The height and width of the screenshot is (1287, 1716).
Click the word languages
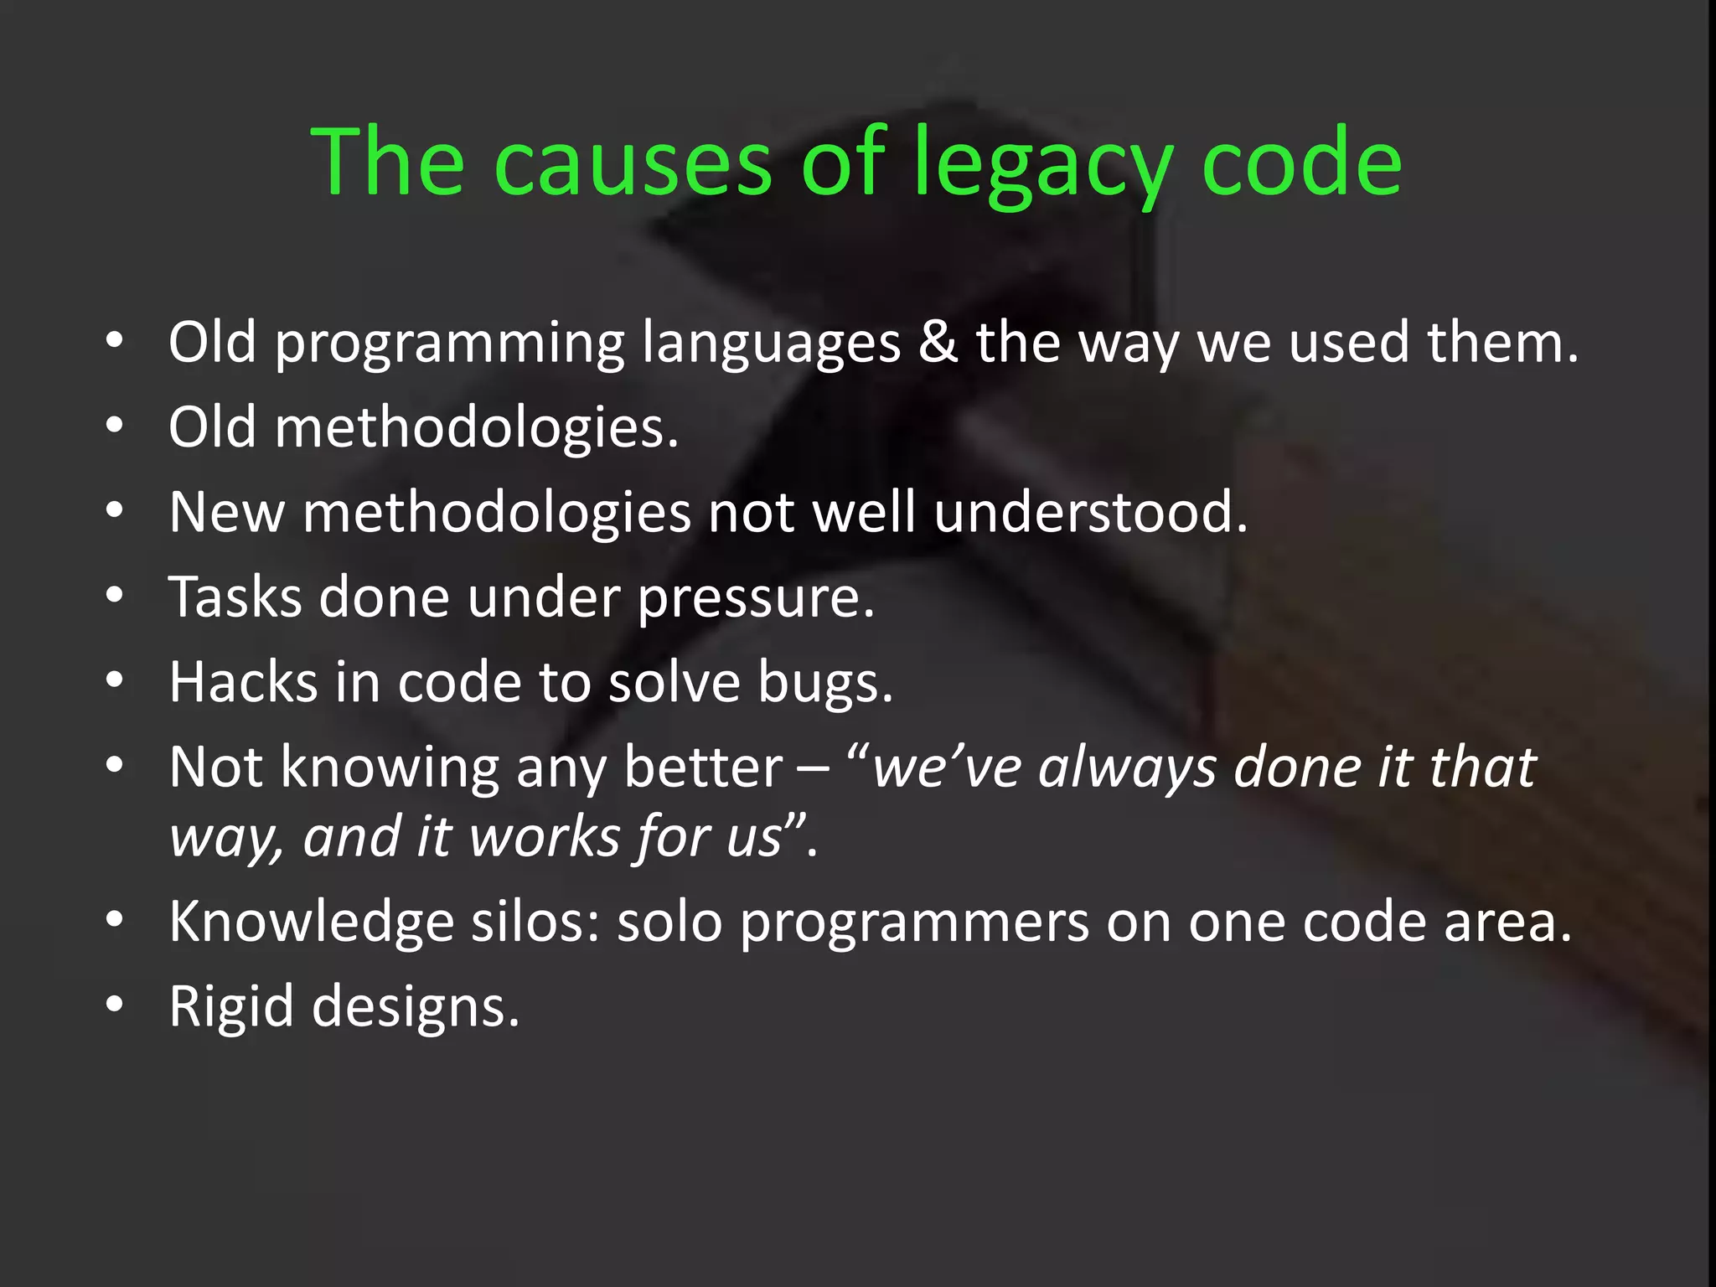pos(771,344)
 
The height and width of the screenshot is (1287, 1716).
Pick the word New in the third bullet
pos(226,512)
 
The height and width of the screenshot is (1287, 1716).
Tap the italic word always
pos(1127,768)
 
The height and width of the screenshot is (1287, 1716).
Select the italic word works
pos(545,836)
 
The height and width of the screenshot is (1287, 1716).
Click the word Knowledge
pos(311,922)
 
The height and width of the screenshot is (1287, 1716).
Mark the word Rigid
pos(230,1006)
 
